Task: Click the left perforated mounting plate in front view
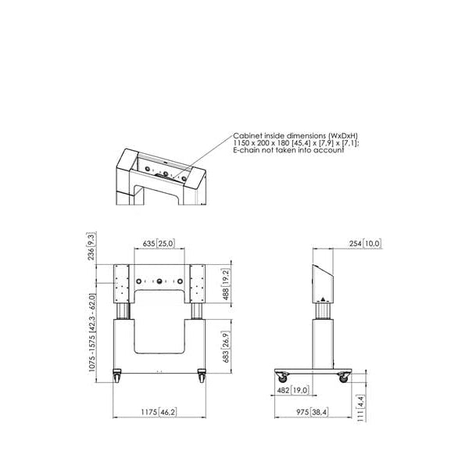(121, 285)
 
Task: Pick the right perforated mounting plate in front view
(199, 285)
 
